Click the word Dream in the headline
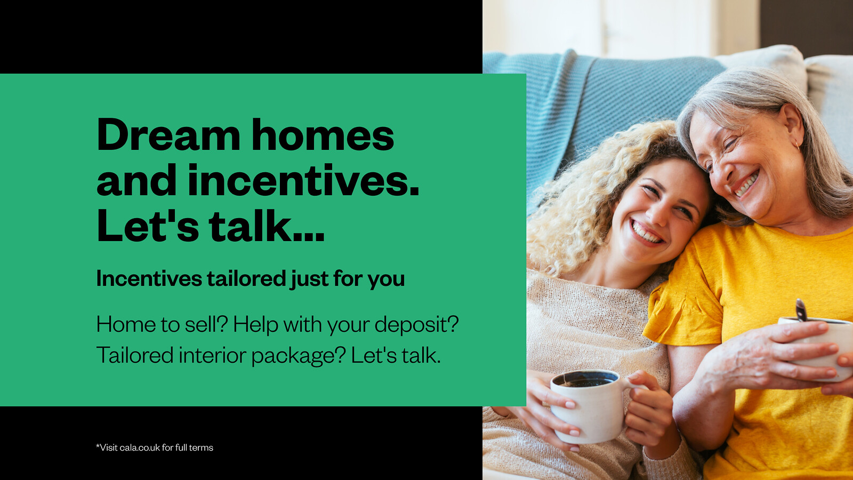(x=168, y=135)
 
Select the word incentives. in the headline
(x=303, y=180)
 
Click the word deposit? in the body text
(x=416, y=325)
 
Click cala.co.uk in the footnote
(x=140, y=447)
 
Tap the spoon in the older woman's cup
(x=801, y=310)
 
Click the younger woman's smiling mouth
(x=646, y=233)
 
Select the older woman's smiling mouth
(x=746, y=185)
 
